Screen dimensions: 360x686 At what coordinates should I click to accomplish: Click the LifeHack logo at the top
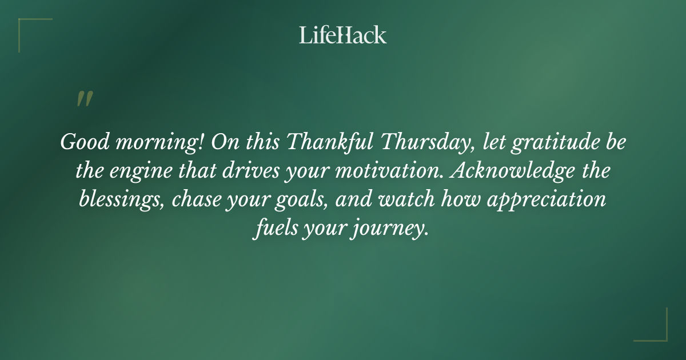342,35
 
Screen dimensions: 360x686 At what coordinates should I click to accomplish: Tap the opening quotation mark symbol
84,99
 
